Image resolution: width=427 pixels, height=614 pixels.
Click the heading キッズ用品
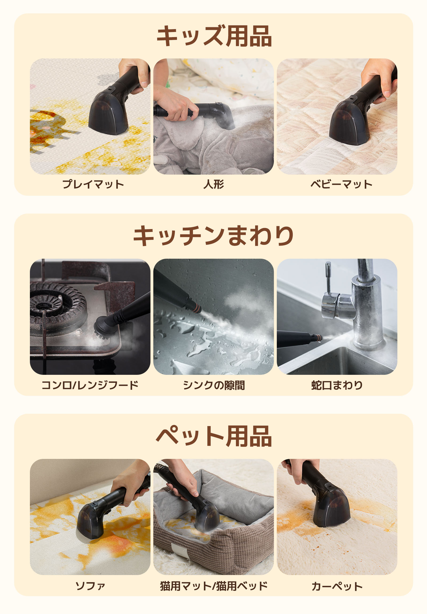click(214, 36)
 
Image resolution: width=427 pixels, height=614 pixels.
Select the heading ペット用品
click(214, 436)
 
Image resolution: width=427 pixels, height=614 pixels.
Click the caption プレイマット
click(93, 184)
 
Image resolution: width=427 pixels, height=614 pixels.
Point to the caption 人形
click(213, 184)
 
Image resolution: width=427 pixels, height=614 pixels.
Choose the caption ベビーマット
click(341, 184)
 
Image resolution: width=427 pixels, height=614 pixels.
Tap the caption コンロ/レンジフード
click(90, 385)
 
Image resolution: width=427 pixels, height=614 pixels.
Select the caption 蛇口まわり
click(337, 385)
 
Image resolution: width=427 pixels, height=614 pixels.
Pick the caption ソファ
click(90, 586)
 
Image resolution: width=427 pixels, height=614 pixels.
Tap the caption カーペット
click(337, 586)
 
